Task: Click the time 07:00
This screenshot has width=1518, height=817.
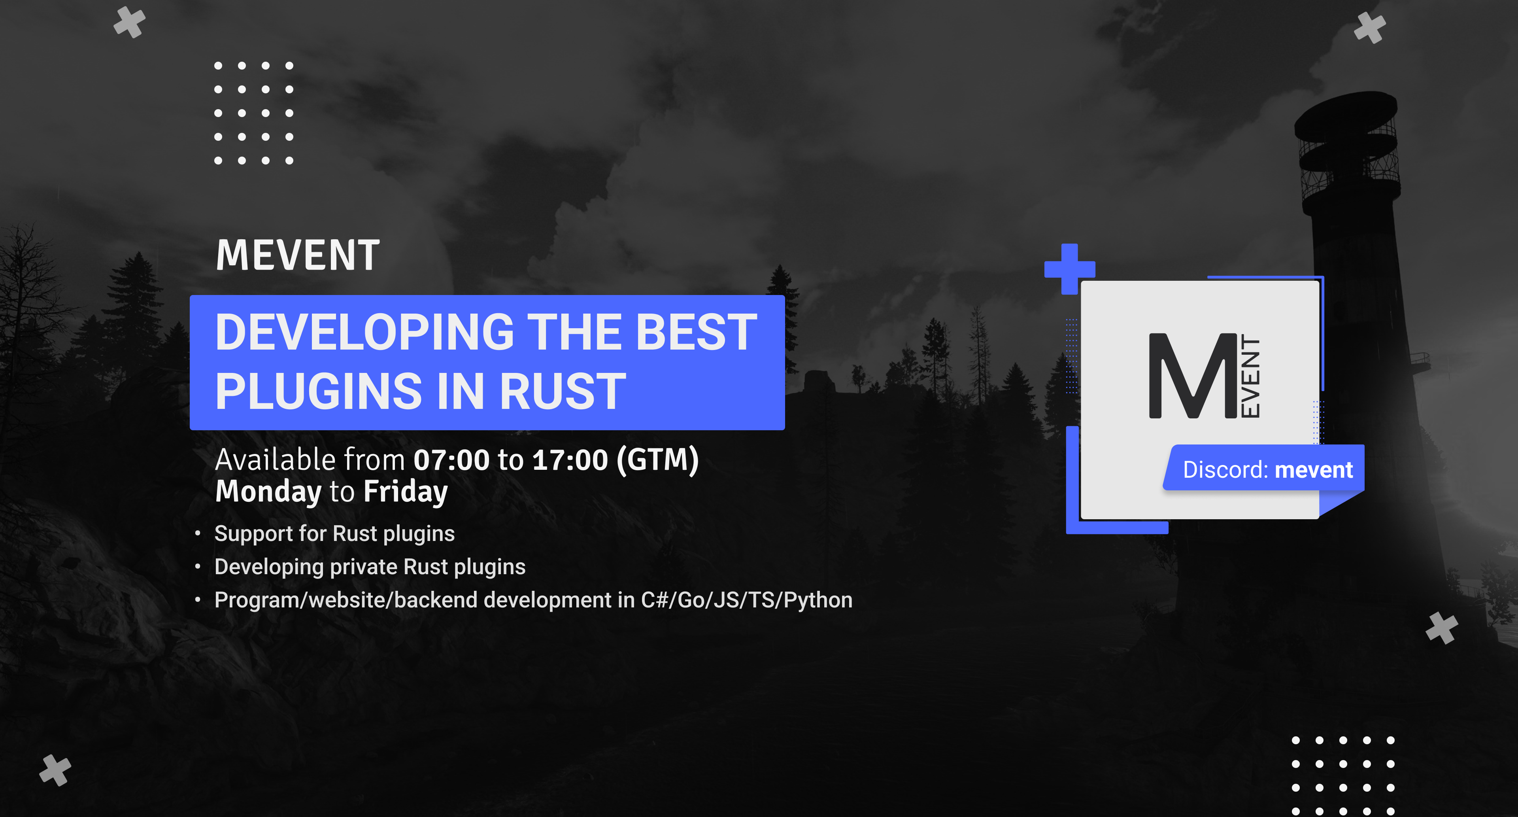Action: (x=451, y=460)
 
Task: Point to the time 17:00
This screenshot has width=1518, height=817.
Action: (x=570, y=460)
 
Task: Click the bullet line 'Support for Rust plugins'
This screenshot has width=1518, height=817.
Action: (x=334, y=533)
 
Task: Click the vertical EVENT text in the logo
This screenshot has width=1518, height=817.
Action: (x=1250, y=376)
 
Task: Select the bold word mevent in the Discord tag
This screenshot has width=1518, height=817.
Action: (x=1314, y=470)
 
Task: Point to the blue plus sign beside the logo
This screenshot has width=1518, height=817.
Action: (x=1070, y=269)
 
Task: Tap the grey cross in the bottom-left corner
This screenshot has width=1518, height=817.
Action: (x=55, y=770)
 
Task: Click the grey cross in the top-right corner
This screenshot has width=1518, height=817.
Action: (x=1369, y=28)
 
